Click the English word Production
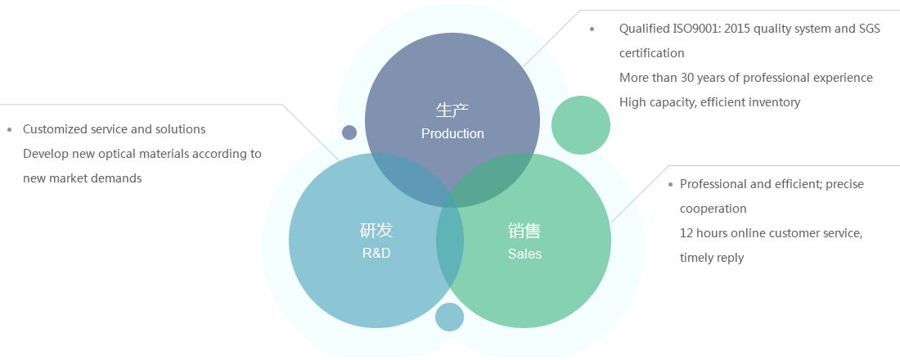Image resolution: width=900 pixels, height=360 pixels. (452, 133)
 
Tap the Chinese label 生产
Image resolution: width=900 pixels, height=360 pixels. (452, 110)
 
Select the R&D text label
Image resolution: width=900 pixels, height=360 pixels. (376, 253)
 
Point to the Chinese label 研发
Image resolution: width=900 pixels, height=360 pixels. (376, 231)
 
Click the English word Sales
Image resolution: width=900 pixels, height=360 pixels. (524, 254)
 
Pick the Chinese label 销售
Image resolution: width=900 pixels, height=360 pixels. (524, 232)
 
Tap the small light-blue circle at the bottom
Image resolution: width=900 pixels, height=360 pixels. (449, 317)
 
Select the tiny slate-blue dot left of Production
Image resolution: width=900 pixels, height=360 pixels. (349, 133)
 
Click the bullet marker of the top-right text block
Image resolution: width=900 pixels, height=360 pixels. (592, 29)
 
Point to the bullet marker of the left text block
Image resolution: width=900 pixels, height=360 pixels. (9, 129)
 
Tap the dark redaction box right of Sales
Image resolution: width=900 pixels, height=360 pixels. (772, 222)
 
